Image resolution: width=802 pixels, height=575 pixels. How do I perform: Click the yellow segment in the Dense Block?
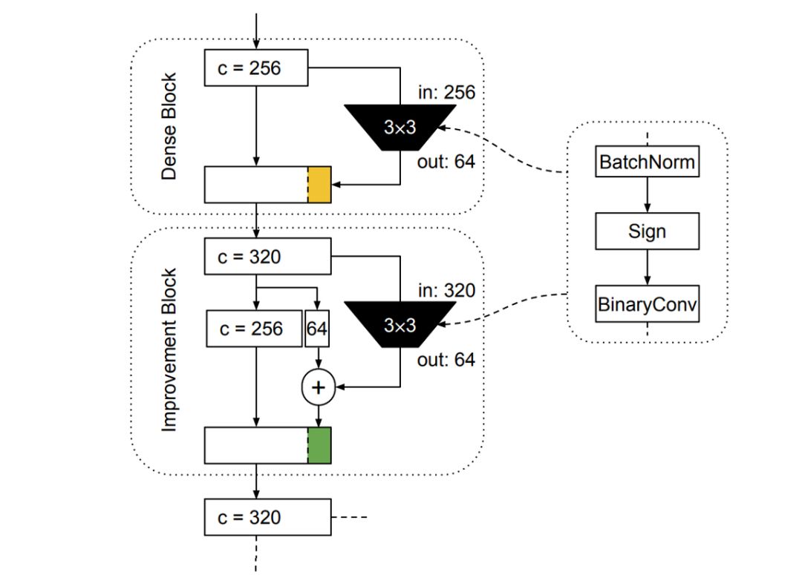(319, 185)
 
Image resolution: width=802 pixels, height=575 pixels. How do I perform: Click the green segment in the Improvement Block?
(319, 445)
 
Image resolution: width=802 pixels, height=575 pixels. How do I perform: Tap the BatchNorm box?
(648, 162)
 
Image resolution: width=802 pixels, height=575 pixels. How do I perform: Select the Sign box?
(648, 231)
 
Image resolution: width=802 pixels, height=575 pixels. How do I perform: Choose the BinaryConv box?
(648, 304)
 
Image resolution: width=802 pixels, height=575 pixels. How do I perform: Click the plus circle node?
(318, 387)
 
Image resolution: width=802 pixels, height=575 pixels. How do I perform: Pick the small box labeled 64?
(317, 329)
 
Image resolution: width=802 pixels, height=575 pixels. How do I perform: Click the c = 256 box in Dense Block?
(256, 68)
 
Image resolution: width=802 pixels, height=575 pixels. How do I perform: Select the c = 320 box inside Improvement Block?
(267, 257)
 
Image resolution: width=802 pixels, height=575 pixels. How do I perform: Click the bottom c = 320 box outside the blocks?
(267, 517)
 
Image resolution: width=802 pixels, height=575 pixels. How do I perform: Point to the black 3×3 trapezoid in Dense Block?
(400, 127)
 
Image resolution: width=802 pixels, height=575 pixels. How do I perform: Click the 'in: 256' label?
(446, 93)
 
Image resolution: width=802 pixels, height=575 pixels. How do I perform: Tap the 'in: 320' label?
(446, 290)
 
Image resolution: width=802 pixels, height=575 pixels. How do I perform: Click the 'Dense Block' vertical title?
(170, 126)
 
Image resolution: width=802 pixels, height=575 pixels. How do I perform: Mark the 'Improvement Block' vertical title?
(170, 349)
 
